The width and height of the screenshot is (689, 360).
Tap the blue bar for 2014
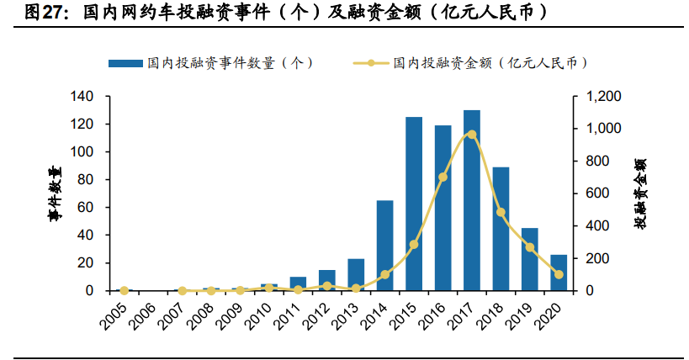384,246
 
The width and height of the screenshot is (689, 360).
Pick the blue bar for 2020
558,273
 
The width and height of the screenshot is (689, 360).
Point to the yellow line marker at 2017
471,135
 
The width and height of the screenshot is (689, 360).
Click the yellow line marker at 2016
443,177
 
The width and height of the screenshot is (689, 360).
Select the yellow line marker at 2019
529,247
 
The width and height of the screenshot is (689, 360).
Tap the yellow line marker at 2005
125,290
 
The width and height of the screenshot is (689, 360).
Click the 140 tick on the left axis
93,97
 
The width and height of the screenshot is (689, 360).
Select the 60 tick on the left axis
96,208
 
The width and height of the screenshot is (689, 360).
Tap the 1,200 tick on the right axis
598,97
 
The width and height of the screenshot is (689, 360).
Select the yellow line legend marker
371,63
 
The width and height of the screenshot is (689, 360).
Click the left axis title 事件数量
55,193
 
